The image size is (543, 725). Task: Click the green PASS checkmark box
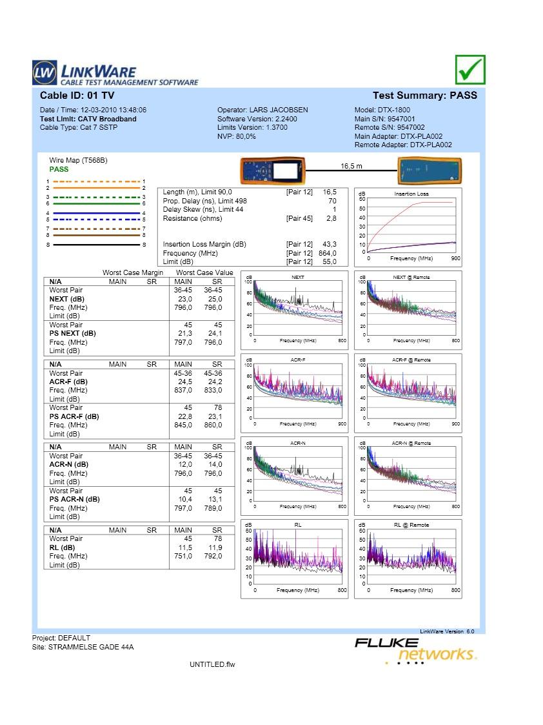[469, 69]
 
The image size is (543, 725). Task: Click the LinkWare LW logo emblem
[43, 72]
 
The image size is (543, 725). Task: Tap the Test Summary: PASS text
[425, 96]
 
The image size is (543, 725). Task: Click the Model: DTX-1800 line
[382, 110]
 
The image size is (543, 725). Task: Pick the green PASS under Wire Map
[59, 169]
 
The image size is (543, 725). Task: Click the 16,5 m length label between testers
[351, 167]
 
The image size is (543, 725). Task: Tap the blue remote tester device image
[429, 171]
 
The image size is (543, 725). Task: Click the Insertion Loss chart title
[411, 194]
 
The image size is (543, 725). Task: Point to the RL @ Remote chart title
[411, 526]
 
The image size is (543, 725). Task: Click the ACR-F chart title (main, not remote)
[298, 360]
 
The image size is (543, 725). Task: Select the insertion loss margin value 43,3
[329, 244]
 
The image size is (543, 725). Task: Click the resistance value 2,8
[331, 218]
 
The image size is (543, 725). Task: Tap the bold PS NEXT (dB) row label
[72, 334]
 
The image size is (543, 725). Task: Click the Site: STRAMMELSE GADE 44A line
[83, 646]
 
